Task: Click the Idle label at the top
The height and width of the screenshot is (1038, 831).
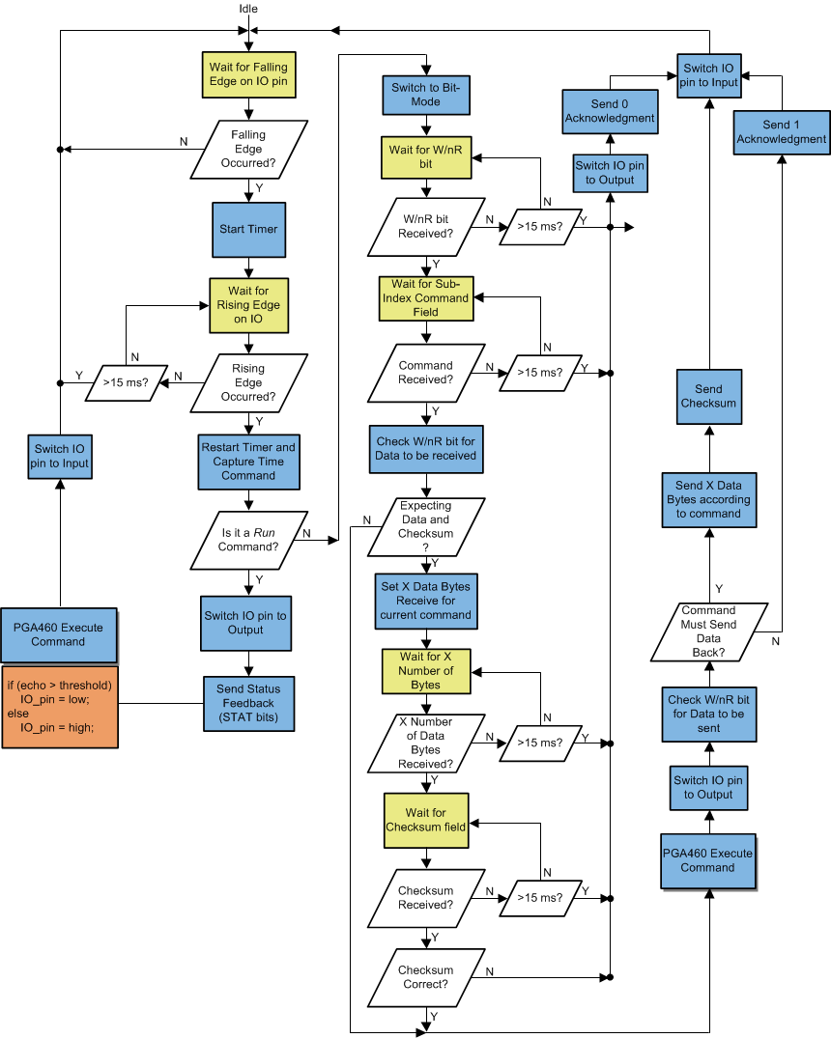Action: pos(248,9)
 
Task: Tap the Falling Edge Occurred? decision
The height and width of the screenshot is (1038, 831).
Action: pos(248,149)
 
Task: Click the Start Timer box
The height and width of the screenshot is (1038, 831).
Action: pos(248,229)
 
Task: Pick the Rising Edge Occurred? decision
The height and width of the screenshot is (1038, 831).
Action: pos(248,382)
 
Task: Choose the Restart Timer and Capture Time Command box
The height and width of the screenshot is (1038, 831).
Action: pos(248,462)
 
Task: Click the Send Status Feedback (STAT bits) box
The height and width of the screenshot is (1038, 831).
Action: pos(248,702)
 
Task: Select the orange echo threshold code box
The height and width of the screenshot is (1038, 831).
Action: pos(60,706)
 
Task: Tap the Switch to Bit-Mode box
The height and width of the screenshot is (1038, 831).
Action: pos(426,95)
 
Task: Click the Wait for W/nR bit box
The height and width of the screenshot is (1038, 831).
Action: pos(425,157)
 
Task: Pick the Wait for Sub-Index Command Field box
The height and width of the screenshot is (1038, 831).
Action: pos(425,298)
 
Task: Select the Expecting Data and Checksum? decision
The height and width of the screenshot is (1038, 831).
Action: pos(425,526)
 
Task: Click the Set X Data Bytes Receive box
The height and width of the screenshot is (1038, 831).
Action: pos(425,601)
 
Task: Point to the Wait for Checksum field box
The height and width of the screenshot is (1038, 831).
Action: pos(425,820)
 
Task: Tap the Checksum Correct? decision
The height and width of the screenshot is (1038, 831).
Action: pos(425,977)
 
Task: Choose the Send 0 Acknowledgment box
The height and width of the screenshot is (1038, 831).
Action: pos(610,111)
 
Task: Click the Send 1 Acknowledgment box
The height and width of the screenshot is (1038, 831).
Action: pos(782,132)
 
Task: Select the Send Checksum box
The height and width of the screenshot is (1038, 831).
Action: pos(708,396)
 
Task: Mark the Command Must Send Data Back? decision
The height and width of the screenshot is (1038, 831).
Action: pos(708,631)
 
